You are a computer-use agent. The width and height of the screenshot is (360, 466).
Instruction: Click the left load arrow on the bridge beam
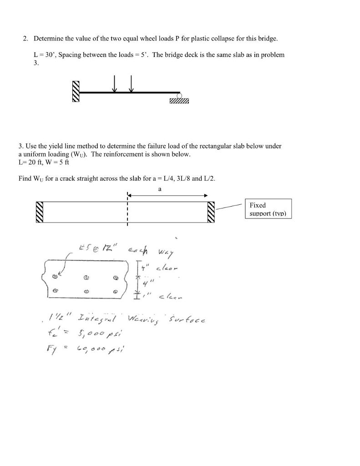115,84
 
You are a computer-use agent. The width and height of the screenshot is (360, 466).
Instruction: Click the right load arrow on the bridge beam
131,84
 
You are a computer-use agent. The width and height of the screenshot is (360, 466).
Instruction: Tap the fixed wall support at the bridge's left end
76,91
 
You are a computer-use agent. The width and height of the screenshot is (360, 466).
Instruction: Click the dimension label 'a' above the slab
160,188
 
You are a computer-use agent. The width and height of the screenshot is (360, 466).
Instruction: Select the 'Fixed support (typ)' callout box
268,209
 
